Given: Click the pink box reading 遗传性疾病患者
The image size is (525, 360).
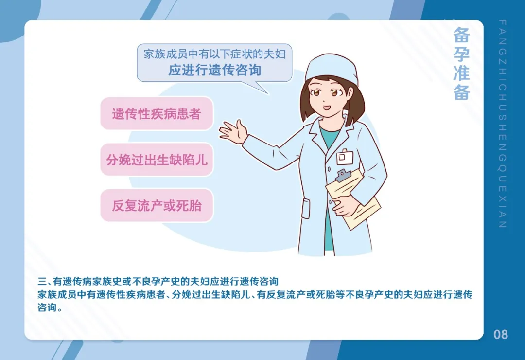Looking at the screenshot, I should click(157, 114).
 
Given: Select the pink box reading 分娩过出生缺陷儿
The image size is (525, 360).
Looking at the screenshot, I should click(157, 160).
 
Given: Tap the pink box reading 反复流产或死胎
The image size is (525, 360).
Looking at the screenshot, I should click(157, 205).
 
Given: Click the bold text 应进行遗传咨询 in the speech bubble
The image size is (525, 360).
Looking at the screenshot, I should click(214, 70).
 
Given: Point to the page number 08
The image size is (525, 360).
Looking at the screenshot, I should click(500, 335).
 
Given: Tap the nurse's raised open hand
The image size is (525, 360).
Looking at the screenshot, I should click(234, 131).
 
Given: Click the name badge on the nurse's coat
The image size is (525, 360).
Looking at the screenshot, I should click(345, 157).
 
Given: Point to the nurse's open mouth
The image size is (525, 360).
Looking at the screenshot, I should click(326, 108).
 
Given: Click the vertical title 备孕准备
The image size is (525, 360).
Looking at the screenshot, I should click(461, 63).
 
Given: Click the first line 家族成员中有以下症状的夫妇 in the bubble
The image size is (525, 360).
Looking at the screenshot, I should click(214, 54).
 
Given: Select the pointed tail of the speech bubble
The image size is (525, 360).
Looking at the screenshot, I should click(263, 89).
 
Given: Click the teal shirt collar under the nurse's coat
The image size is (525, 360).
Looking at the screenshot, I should click(331, 136).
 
